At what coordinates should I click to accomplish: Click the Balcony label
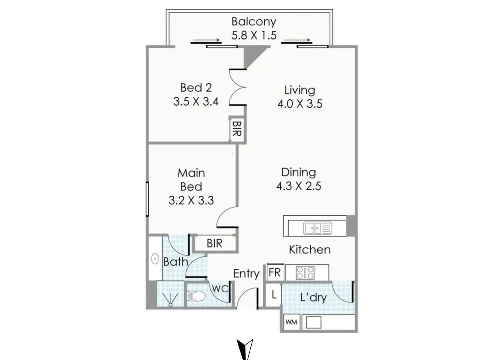(x=254, y=22)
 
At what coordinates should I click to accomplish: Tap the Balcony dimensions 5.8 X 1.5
(x=254, y=35)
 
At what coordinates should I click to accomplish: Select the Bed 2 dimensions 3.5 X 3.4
(x=196, y=102)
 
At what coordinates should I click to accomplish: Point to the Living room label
(x=300, y=90)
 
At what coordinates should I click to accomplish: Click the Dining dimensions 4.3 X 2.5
(x=299, y=186)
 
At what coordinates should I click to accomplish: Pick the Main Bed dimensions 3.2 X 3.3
(x=191, y=200)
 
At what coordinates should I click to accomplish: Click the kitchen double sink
(x=317, y=228)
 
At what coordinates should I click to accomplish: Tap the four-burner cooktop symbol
(x=305, y=272)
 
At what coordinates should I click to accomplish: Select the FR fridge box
(x=275, y=272)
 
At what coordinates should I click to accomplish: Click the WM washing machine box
(x=292, y=322)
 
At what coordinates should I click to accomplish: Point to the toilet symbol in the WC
(x=196, y=296)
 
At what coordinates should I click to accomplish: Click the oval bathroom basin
(x=155, y=259)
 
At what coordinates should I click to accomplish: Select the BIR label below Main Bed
(x=214, y=243)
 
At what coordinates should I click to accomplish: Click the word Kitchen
(x=310, y=250)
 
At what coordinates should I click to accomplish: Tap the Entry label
(x=246, y=274)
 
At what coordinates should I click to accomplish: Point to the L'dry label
(x=314, y=298)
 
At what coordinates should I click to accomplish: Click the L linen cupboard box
(x=273, y=295)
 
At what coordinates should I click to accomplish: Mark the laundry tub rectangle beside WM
(x=313, y=322)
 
